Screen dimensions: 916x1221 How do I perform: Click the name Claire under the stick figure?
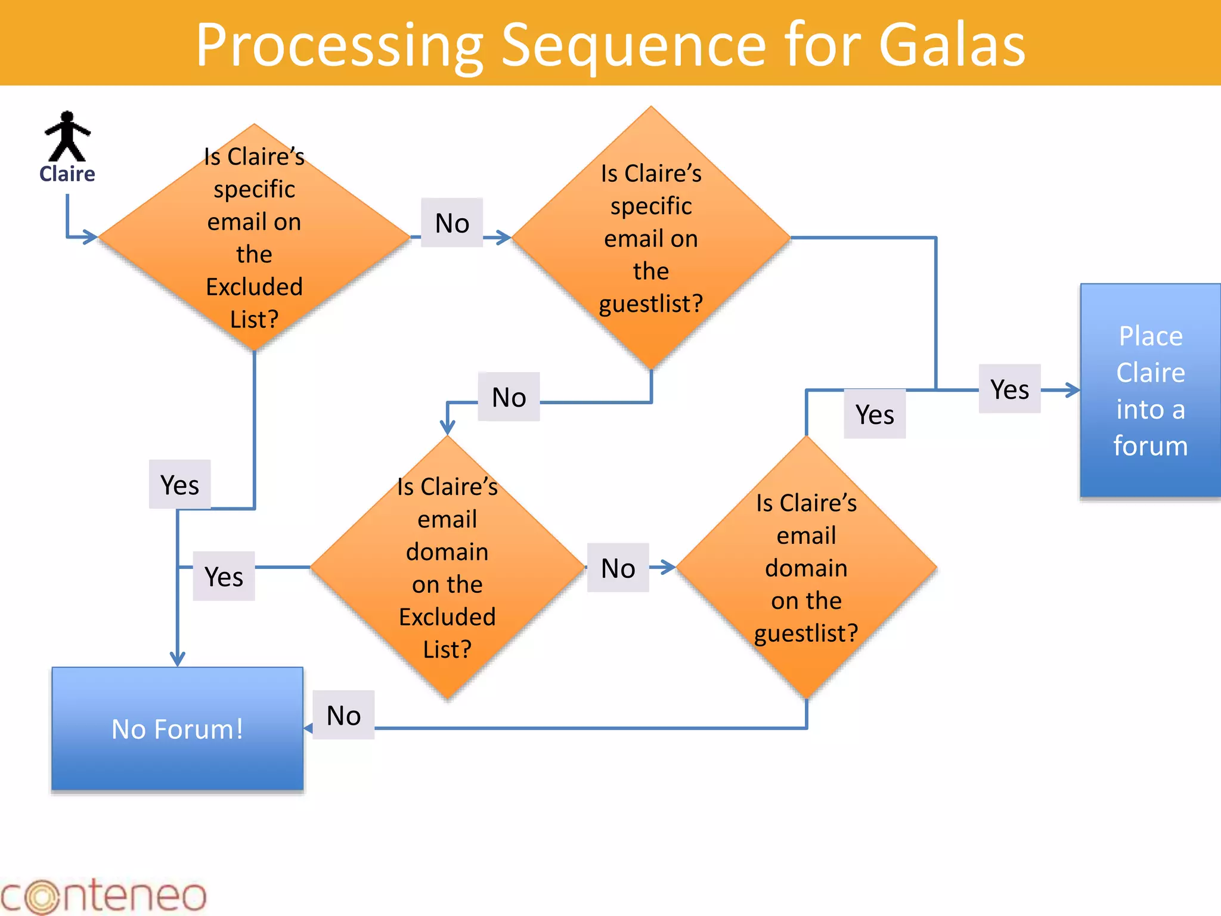click(x=67, y=174)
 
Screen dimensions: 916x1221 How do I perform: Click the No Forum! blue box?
click(x=178, y=729)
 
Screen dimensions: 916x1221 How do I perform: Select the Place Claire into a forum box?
click(x=1150, y=391)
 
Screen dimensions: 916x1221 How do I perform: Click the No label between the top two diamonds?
click(x=452, y=223)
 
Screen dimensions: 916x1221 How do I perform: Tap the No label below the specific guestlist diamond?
click(x=509, y=397)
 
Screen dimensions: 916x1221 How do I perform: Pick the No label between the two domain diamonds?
click(x=618, y=568)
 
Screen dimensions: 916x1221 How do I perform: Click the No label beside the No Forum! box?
click(x=343, y=715)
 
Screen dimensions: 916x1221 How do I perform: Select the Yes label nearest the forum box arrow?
click(x=1009, y=389)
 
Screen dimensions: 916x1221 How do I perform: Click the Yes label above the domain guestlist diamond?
click(x=875, y=414)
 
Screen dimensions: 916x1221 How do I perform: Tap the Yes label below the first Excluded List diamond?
click(x=179, y=484)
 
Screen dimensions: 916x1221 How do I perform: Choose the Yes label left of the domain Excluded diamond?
click(x=224, y=576)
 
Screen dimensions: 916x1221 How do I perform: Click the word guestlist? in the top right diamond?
click(x=651, y=304)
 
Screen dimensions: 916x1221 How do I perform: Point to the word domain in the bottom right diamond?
click(x=806, y=568)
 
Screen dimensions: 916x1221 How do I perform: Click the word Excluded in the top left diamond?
click(x=254, y=287)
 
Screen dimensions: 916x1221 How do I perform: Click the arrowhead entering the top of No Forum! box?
click(x=178, y=660)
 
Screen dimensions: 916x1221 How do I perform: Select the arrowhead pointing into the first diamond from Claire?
click(x=91, y=237)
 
